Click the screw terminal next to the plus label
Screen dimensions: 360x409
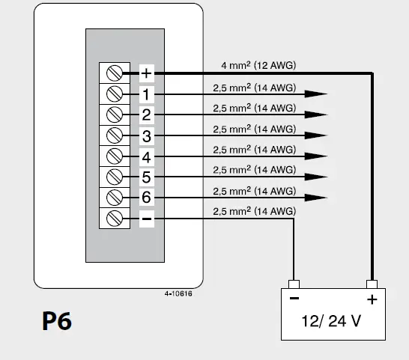[x=115, y=73]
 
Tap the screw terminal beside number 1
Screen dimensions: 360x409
[x=115, y=94]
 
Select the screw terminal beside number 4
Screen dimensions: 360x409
[x=115, y=156]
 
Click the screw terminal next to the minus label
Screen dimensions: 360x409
[x=115, y=219]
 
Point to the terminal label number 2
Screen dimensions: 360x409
[x=147, y=115]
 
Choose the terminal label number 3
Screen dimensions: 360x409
[x=147, y=136]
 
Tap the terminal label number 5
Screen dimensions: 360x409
[x=147, y=177]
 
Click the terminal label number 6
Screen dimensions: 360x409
[x=147, y=198]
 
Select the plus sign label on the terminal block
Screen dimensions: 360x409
[x=147, y=73]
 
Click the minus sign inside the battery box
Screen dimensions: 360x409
[x=294, y=299]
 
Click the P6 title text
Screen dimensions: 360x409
[x=56, y=322]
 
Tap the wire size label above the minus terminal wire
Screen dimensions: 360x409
[x=254, y=212]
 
